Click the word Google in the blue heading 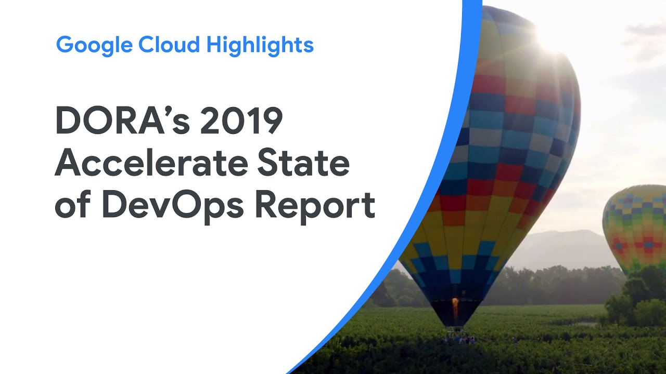[94, 45]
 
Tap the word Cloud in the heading [169, 44]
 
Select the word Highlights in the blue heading [260, 45]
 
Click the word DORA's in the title [122, 121]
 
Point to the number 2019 [241, 121]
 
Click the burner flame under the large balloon [455, 307]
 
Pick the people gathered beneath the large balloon [459, 339]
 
